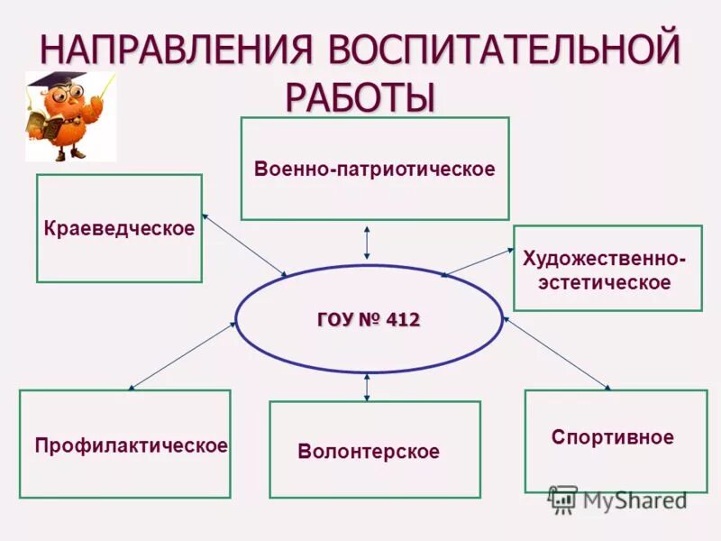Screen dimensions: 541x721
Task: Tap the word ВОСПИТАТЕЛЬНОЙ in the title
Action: [504, 50]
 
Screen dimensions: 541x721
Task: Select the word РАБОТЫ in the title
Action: [360, 95]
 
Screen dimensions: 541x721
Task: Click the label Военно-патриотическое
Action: [374, 169]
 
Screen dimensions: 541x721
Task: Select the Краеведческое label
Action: [119, 228]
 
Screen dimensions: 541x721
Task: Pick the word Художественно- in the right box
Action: [604, 260]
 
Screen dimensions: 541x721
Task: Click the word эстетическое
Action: [605, 282]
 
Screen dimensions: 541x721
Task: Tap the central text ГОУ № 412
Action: [369, 319]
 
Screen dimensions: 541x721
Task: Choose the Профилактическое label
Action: [131, 445]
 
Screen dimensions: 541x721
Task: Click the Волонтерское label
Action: [369, 452]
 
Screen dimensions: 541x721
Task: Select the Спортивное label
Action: [613, 437]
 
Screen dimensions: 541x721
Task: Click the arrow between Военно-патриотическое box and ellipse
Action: [367, 243]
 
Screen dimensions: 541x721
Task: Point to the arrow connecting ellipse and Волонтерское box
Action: [367, 387]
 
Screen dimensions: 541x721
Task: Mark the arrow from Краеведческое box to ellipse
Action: [244, 244]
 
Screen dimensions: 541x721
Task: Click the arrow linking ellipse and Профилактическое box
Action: [183, 355]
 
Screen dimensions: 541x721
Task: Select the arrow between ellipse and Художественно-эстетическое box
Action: [477, 261]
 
